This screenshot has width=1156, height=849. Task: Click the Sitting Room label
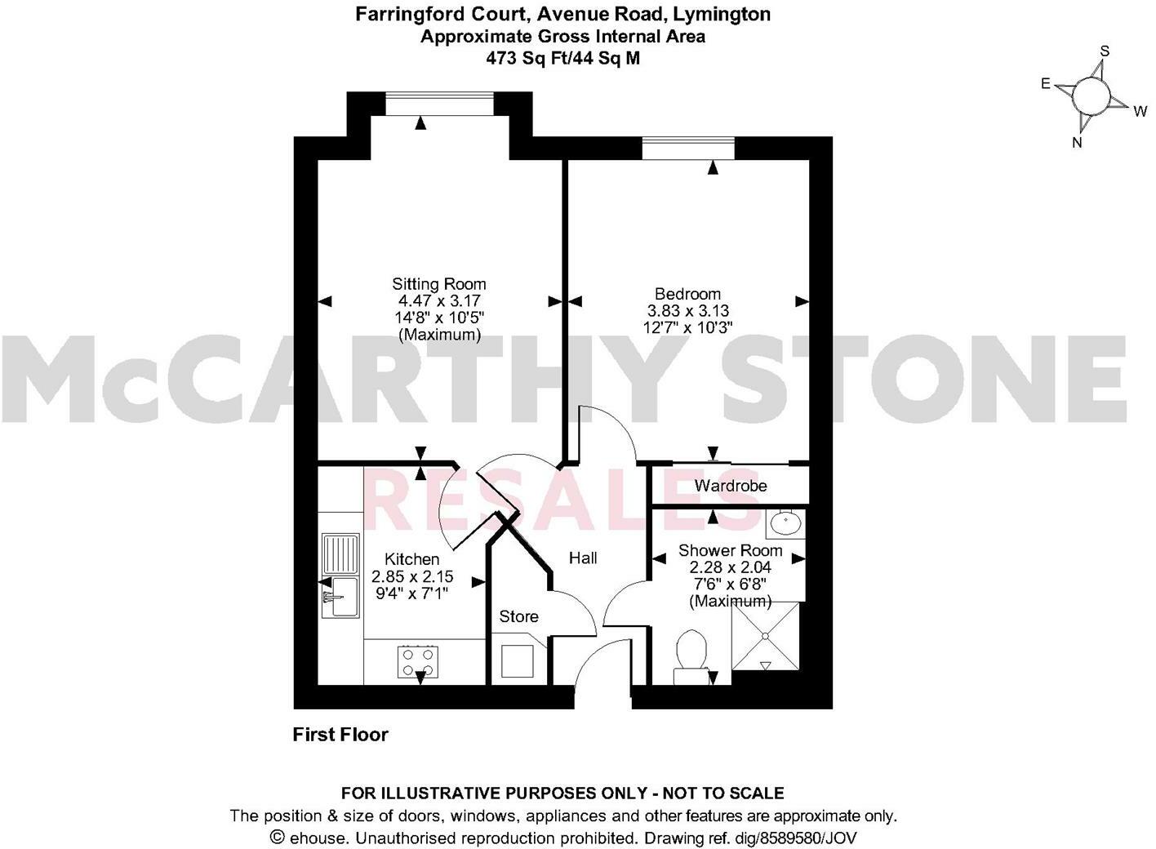tap(438, 284)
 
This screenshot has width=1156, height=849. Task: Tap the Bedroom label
tap(687, 294)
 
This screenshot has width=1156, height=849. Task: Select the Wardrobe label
tap(730, 486)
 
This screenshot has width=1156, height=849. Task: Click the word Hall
tap(583, 558)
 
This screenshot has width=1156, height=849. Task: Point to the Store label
tap(518, 616)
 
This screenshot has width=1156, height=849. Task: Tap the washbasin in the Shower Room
tap(785, 522)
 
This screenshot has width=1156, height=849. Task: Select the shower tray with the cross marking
tap(766, 636)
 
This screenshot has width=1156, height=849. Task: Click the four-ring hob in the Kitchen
tap(418, 660)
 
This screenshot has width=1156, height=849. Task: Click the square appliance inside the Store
tap(518, 660)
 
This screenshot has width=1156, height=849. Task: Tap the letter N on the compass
tap(1077, 143)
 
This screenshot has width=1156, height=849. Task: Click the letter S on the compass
tap(1105, 51)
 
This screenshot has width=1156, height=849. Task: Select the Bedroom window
tap(687, 149)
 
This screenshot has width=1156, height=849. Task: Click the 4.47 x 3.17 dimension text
tap(438, 301)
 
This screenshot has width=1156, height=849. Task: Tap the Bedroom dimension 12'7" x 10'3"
tap(687, 327)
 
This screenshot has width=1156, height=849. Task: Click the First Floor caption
tap(340, 735)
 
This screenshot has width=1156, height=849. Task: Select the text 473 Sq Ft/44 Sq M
tap(562, 58)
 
